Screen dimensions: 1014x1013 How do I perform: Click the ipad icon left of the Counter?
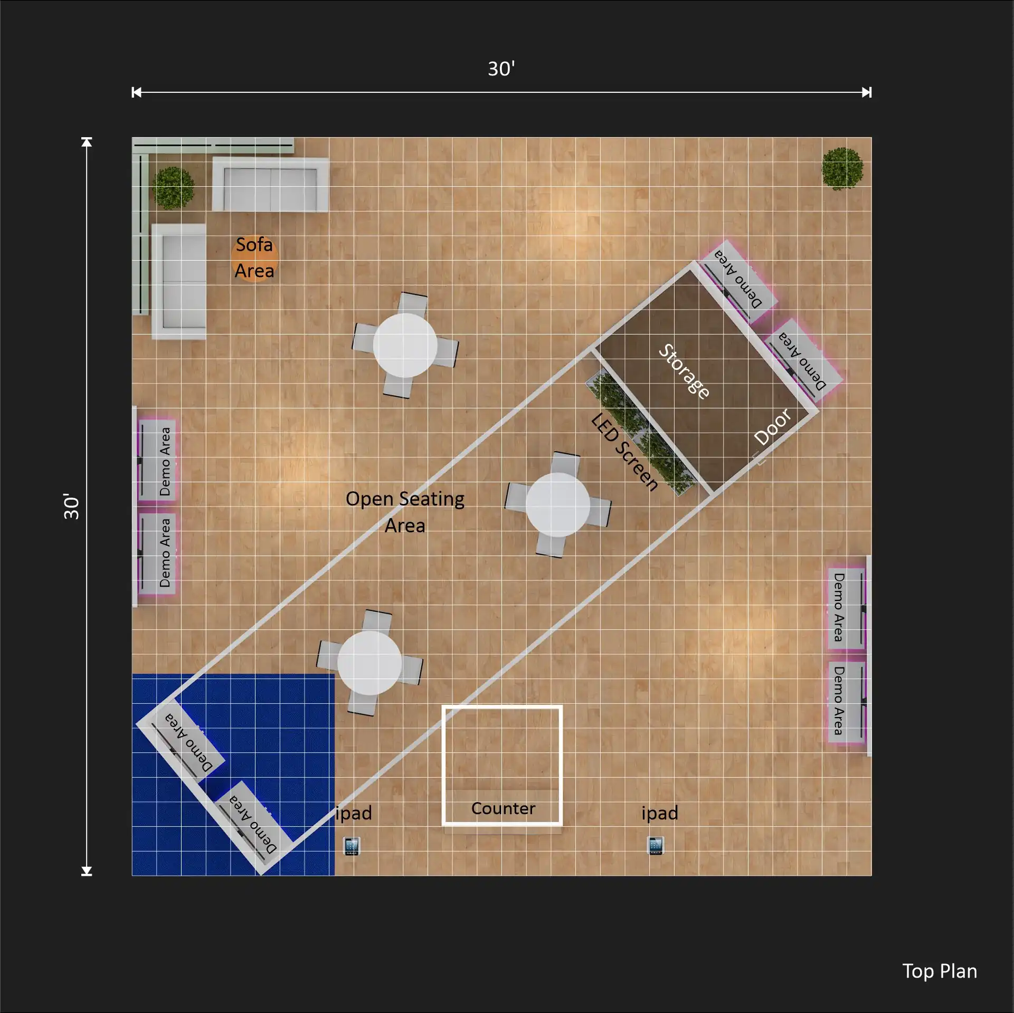352,846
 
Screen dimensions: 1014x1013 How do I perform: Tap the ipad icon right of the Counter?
656,846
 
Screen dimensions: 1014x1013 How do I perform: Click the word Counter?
503,808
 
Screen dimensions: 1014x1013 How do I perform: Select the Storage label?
684,371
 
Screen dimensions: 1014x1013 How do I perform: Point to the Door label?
773,427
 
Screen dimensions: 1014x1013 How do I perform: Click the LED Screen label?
625,452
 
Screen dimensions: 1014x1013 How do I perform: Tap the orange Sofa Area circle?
255,259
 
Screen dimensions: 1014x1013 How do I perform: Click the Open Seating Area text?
405,512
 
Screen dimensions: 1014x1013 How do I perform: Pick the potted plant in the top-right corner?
842,168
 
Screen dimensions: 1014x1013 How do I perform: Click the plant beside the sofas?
173,188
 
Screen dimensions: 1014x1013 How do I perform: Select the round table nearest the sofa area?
405,345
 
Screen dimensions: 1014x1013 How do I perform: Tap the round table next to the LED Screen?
558,505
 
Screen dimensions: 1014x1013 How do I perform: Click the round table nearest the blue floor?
369,663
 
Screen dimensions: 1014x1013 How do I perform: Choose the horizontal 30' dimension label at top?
501,69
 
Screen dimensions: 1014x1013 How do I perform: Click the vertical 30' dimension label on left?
71,506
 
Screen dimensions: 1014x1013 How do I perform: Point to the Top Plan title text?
940,971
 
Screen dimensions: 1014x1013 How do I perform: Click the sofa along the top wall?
270,185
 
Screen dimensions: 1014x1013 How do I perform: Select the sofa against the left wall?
179,282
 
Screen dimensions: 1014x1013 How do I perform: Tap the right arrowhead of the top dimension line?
867,92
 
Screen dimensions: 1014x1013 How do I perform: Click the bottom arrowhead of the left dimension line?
87,871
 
